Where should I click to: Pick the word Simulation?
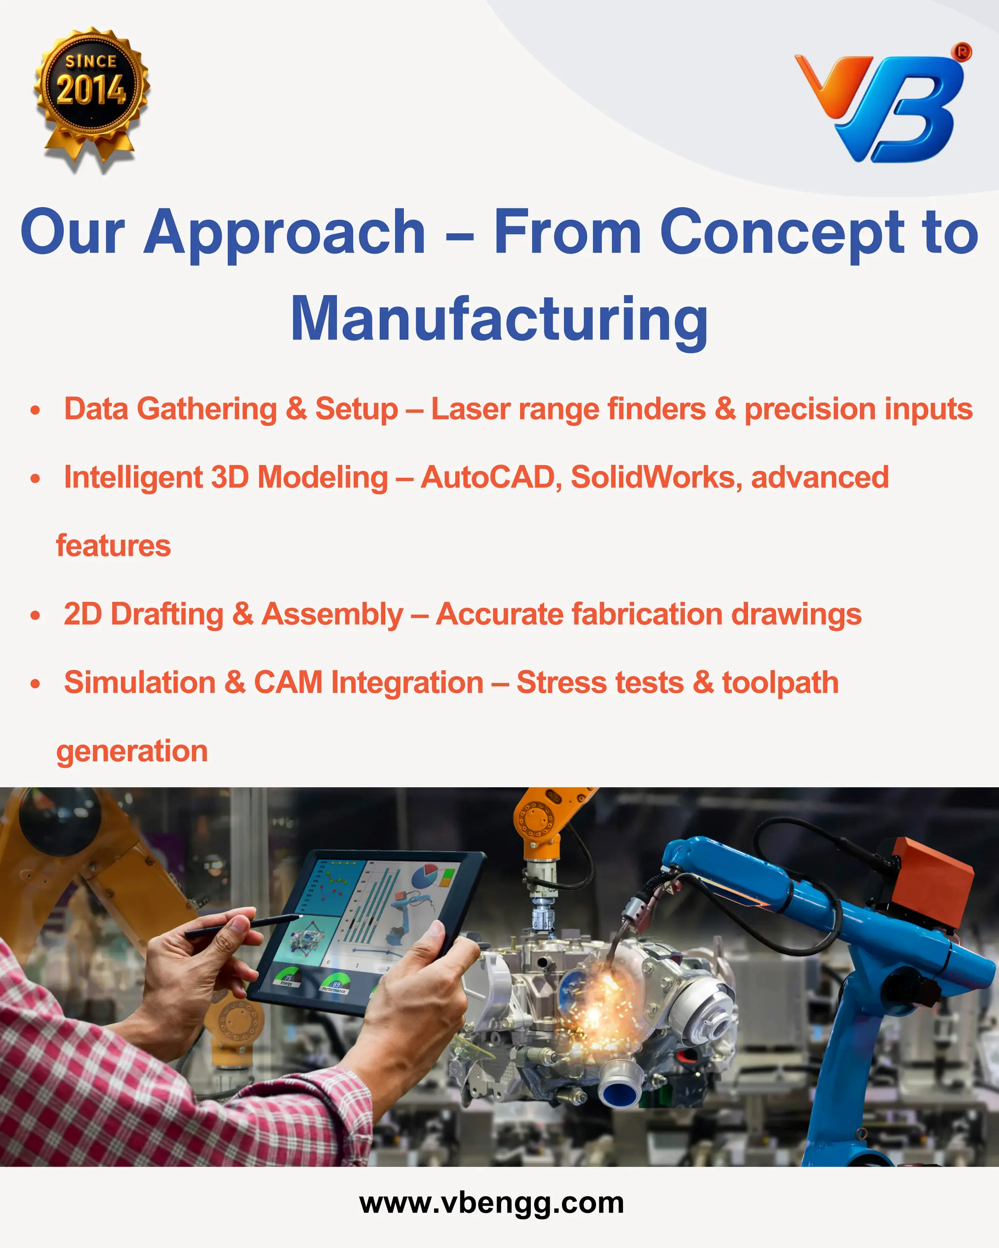point(140,682)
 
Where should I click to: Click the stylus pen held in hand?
point(243,924)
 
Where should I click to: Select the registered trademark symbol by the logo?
point(962,52)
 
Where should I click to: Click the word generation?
point(132,752)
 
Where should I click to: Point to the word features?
point(114,546)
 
